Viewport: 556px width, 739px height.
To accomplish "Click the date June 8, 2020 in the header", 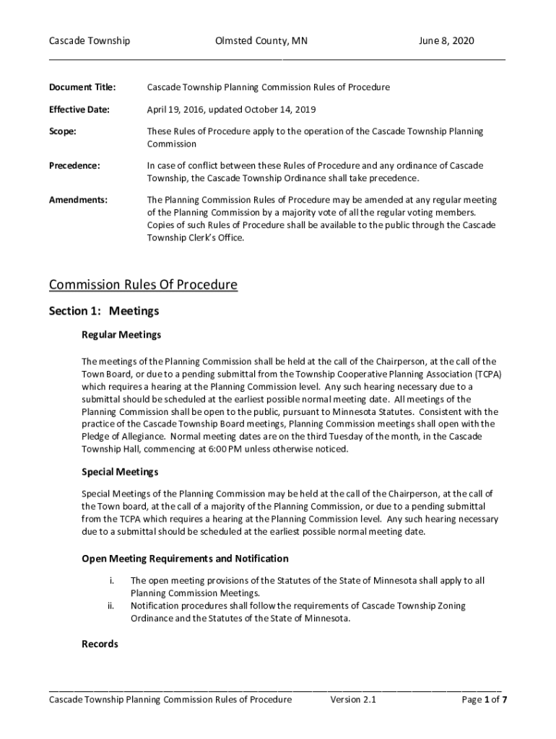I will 446,41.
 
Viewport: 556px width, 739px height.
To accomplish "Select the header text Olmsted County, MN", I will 261,41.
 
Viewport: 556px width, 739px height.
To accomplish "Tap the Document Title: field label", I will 82,87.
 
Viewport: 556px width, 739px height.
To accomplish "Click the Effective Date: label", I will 79,110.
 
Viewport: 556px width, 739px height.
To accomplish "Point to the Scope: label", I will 62,132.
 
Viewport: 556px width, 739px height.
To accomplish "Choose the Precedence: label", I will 74,166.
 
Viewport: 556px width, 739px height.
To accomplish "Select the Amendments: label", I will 78,200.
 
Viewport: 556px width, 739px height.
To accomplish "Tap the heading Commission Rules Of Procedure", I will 143,284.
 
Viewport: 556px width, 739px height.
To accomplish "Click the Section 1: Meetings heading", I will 104,312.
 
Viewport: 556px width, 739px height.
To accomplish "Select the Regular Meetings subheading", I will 121,336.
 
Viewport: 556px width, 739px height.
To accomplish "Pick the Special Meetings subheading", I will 120,472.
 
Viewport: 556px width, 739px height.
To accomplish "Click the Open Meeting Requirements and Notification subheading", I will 185,559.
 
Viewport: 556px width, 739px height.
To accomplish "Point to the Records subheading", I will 100,644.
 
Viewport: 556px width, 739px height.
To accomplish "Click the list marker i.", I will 111,580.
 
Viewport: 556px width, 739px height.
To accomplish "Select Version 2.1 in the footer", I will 353,700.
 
